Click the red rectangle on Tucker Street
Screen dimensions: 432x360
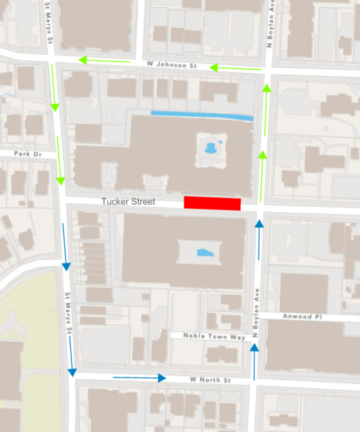tap(212, 203)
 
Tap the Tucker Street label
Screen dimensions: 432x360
tap(128, 202)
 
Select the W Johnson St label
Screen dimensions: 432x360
tap(171, 66)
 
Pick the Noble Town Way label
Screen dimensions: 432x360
tap(208, 336)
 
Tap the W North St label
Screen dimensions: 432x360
tap(211, 379)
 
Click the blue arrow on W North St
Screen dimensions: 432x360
tap(139, 377)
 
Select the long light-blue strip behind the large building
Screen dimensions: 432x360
tap(202, 115)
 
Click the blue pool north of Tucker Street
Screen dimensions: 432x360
tap(211, 146)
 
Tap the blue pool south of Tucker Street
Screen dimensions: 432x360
tap(205, 253)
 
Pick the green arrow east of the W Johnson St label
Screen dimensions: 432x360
tap(235, 68)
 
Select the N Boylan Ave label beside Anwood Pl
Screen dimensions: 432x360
tap(258, 314)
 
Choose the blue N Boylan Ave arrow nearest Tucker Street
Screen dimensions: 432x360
tap(259, 240)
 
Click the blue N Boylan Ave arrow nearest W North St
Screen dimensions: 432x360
tap(254, 362)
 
